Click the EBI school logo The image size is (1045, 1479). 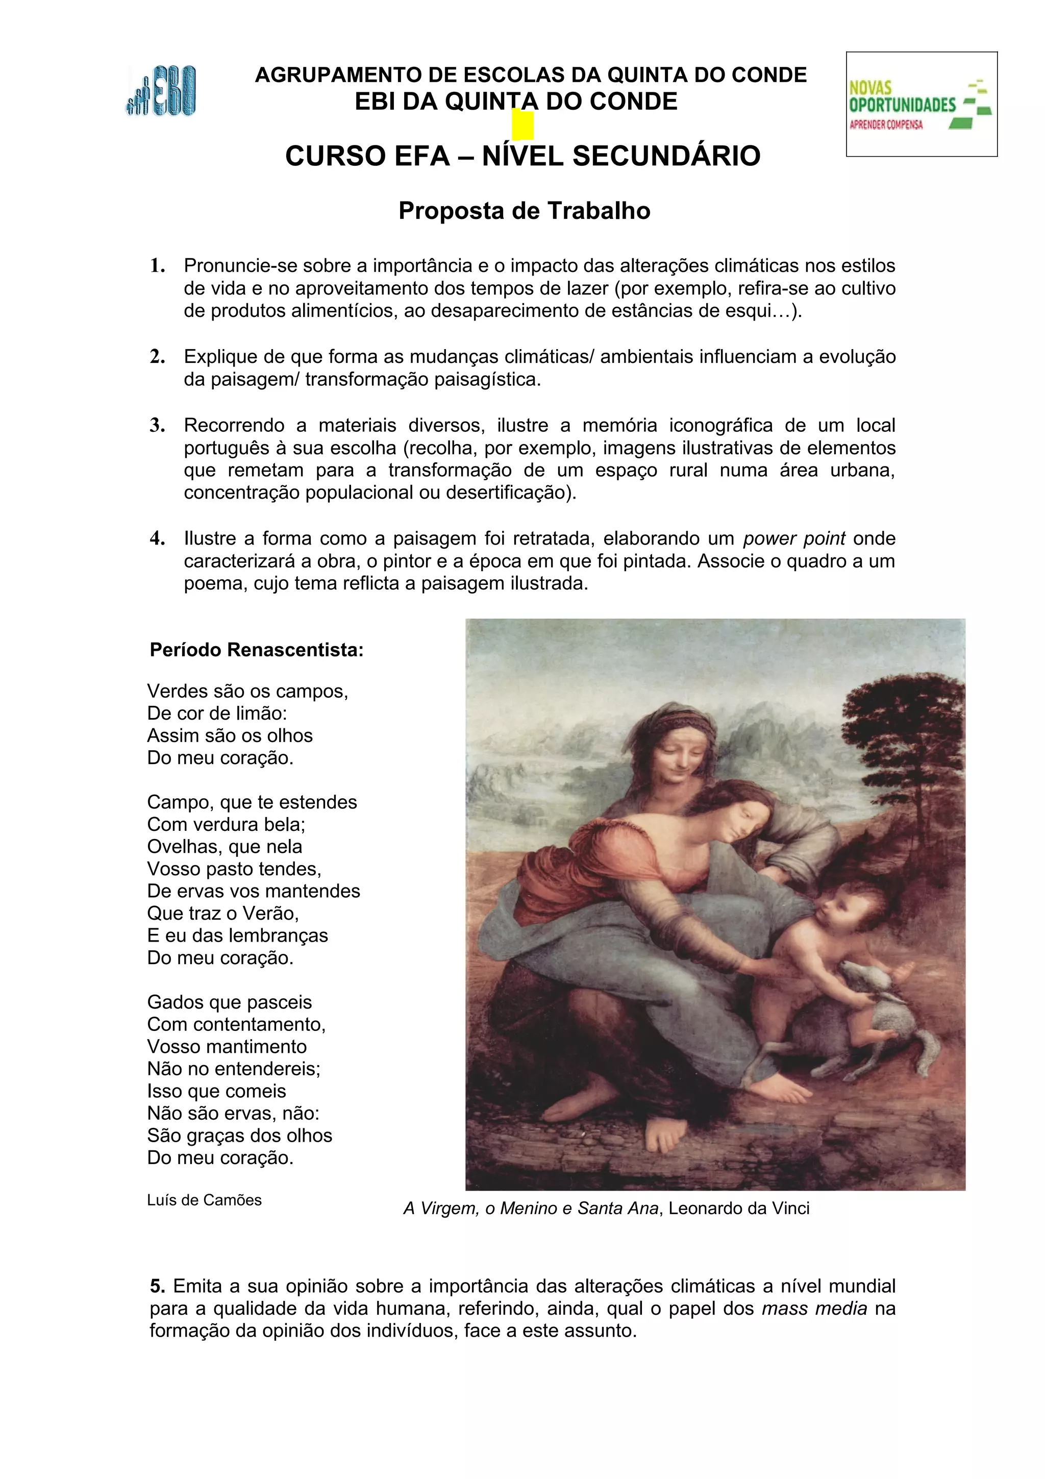[160, 91]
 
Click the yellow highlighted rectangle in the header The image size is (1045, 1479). [522, 125]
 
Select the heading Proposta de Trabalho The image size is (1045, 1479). [524, 211]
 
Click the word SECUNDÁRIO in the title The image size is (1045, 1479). [666, 156]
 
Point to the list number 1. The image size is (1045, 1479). [157, 265]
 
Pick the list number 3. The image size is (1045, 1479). [157, 425]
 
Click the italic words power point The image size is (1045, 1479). [793, 538]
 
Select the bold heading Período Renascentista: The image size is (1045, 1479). [256, 650]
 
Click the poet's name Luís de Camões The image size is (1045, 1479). [204, 1200]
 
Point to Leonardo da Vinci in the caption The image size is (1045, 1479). [738, 1209]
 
